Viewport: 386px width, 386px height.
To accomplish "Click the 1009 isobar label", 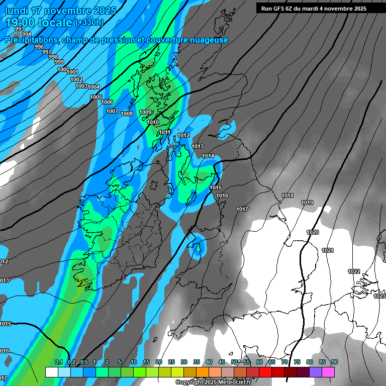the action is tap(145, 112).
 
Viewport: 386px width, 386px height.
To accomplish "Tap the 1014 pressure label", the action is tap(209, 156).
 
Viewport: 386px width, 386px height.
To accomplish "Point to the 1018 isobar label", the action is tap(287, 196).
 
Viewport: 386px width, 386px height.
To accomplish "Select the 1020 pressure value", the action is tap(313, 233).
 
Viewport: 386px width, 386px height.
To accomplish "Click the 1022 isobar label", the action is tap(354, 271).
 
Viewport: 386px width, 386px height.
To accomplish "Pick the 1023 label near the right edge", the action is tap(379, 297).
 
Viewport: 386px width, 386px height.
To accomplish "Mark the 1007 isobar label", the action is tap(112, 111).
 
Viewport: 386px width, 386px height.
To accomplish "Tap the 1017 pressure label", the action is tap(242, 209).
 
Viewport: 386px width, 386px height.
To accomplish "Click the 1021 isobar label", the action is tap(328, 250).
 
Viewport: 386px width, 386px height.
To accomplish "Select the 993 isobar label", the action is tap(19, 29).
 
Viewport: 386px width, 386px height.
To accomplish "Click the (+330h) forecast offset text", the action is tap(89, 22).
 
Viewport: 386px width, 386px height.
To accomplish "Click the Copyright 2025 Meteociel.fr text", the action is tap(213, 382).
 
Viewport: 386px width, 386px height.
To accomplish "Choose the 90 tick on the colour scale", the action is tap(334, 362).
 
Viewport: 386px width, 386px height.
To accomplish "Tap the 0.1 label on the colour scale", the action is tap(58, 362).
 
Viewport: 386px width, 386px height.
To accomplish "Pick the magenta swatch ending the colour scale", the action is tap(328, 372).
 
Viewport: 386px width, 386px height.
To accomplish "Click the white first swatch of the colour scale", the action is tap(51, 372).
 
